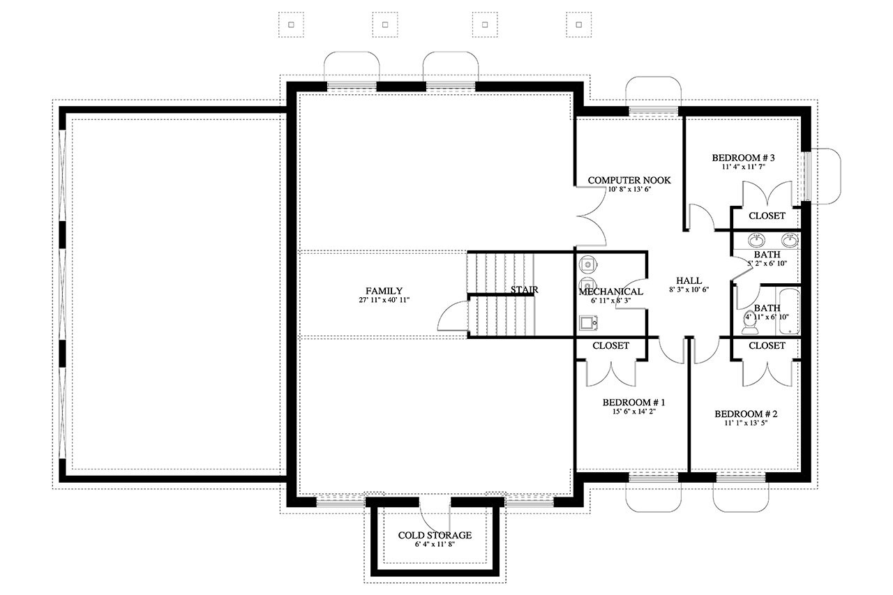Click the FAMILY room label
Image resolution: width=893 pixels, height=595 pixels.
(384, 291)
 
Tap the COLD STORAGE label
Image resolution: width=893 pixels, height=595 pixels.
(435, 535)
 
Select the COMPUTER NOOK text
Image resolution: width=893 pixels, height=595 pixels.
(629, 180)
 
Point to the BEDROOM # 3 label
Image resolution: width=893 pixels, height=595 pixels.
(743, 158)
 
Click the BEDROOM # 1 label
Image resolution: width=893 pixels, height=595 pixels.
(633, 402)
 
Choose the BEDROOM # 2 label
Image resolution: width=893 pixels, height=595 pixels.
(746, 414)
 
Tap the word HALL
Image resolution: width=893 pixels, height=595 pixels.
(689, 280)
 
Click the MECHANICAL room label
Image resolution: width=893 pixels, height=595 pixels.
(610, 292)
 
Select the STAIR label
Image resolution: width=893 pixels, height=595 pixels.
(524, 289)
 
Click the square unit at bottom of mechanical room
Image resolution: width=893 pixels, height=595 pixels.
(587, 322)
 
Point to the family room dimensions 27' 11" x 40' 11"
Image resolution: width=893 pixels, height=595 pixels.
(384, 300)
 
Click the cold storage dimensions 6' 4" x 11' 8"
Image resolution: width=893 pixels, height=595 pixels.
(435, 544)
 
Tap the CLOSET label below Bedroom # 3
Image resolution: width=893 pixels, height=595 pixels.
(767, 216)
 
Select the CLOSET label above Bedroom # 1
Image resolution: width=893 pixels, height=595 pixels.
(610, 346)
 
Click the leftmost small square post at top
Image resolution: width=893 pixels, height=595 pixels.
(291, 24)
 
